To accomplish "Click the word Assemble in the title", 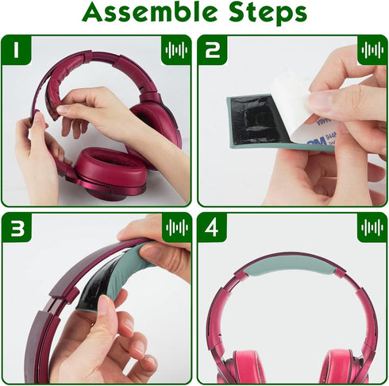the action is coord(149,12).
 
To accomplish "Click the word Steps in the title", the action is coord(268,14).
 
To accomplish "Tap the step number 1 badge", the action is coord(16,50).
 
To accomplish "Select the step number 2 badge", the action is coord(213,50).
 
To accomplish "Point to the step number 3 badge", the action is coord(17,228).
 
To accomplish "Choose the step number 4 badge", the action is coord(212,228).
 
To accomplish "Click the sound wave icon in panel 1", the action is coord(176,50).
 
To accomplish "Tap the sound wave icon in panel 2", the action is coord(372,50).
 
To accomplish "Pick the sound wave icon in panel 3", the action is coord(177,227).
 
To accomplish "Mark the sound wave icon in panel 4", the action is coord(372,227).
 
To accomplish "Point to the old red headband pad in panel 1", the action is coord(57,87).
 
